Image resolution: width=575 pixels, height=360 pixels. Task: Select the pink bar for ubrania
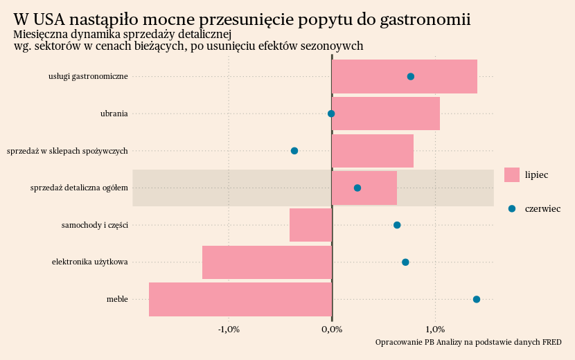tap(386, 114)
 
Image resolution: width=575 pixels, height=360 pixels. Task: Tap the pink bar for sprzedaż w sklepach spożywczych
tap(373, 151)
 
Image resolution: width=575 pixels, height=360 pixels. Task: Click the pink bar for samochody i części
tap(310, 225)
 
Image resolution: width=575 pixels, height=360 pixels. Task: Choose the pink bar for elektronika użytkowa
tap(267, 262)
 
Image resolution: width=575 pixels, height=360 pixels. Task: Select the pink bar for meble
tap(240, 299)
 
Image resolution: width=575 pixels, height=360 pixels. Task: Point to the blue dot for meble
tap(477, 299)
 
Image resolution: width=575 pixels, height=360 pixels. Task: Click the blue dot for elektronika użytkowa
tap(405, 262)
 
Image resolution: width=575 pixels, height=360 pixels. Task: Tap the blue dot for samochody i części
tap(397, 225)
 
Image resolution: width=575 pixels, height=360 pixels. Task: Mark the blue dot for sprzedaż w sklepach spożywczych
tap(294, 151)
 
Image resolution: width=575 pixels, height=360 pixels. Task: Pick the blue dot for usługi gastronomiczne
tap(411, 76)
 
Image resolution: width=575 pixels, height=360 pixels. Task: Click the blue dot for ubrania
tap(331, 114)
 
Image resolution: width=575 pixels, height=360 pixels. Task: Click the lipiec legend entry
tap(527, 175)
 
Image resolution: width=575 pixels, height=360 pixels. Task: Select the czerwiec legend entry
tap(533, 209)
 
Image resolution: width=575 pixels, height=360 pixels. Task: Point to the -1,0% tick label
tap(229, 329)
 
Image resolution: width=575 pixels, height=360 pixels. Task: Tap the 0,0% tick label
tap(332, 329)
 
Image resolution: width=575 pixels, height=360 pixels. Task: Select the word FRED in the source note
tap(551, 342)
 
